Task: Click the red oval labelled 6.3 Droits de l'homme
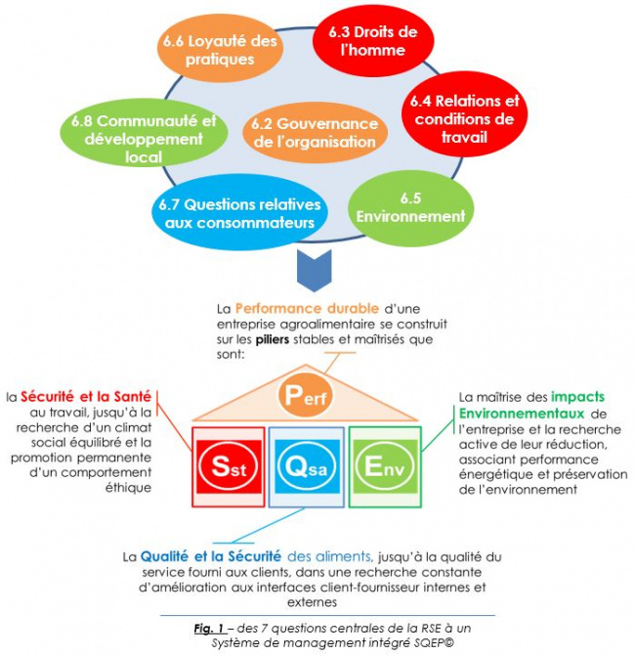pos(373,41)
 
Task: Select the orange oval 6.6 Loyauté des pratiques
pos(220,49)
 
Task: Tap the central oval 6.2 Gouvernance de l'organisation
pos(315,133)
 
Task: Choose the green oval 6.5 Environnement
pos(410,208)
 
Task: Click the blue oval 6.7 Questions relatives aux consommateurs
pos(239,212)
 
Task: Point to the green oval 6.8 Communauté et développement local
pos(144,133)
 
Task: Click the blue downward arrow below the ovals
pos(315,270)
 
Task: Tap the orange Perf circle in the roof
pos(305,395)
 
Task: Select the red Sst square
pos(229,466)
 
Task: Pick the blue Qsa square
pos(307,466)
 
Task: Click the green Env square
pos(385,466)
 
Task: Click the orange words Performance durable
pos(307,309)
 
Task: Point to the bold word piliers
pos(273,339)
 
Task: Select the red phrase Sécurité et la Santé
pos(86,396)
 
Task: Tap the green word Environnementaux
pos(522,414)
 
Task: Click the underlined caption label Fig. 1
pos(210,629)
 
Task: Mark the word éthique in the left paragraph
pos(128,488)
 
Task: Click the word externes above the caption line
pos(312,602)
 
